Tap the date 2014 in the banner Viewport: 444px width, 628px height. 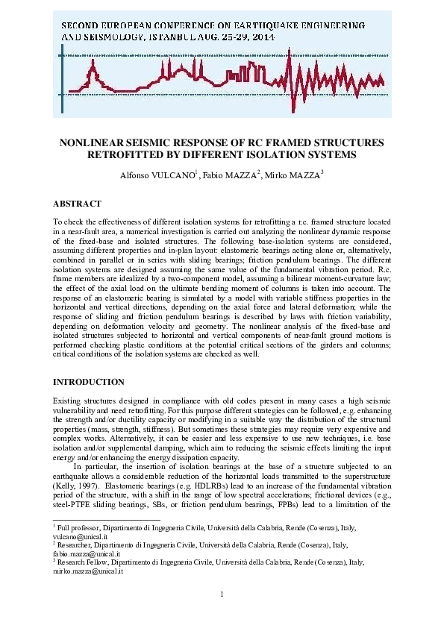coord(263,35)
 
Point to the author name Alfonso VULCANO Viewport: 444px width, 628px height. coord(160,176)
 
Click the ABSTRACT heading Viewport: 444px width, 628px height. coord(78,203)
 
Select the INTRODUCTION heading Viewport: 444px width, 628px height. coord(89,382)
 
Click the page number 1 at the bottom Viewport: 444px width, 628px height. coord(222,594)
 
